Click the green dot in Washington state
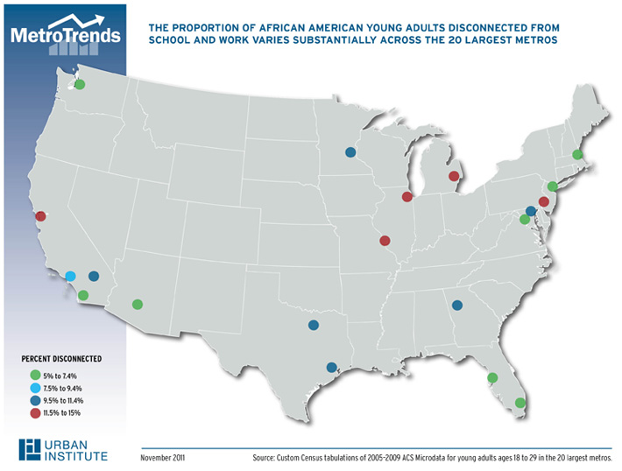click(x=80, y=85)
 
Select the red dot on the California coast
click(x=40, y=215)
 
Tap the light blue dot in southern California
click(x=71, y=277)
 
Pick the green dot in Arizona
click(x=138, y=305)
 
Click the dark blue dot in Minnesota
click(x=350, y=151)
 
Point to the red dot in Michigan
click(x=453, y=177)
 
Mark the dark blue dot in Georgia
click(x=456, y=306)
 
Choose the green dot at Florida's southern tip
click(x=520, y=404)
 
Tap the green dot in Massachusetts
click(x=577, y=155)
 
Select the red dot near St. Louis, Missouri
click(x=385, y=240)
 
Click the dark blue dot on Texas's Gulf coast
click(x=331, y=368)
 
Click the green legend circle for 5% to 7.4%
click(x=35, y=375)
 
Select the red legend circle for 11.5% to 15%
click(x=35, y=412)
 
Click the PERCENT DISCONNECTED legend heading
click(x=61, y=359)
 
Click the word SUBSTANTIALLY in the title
click(x=360, y=40)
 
